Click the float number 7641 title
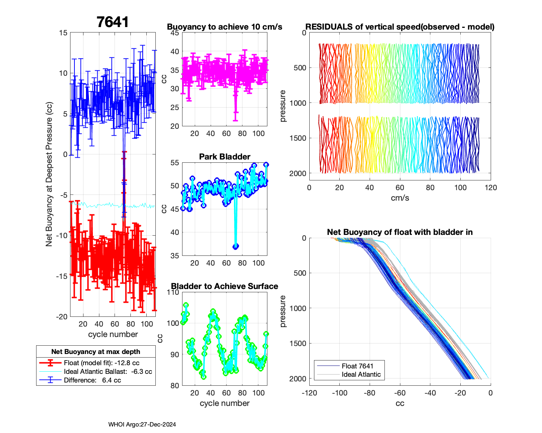[x=112, y=22]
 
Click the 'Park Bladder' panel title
[x=224, y=157]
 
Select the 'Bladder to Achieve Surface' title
[x=224, y=286]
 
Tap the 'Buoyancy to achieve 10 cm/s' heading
[x=224, y=27]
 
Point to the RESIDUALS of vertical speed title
[x=400, y=27]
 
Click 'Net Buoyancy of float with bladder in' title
[x=400, y=232]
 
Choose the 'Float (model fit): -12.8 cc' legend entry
[x=102, y=363]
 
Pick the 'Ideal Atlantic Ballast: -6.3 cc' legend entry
[x=108, y=372]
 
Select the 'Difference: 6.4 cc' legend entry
[x=92, y=380]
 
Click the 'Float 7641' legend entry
[x=357, y=366]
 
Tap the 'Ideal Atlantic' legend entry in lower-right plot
[x=361, y=375]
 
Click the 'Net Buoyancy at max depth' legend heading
[x=96, y=352]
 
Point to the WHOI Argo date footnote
[x=142, y=425]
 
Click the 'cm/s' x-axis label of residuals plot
[x=400, y=198]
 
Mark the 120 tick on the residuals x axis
[x=491, y=188]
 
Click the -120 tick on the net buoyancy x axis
[x=309, y=393]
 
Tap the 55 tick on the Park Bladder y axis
[x=175, y=163]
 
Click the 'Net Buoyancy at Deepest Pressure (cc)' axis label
[x=49, y=175]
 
